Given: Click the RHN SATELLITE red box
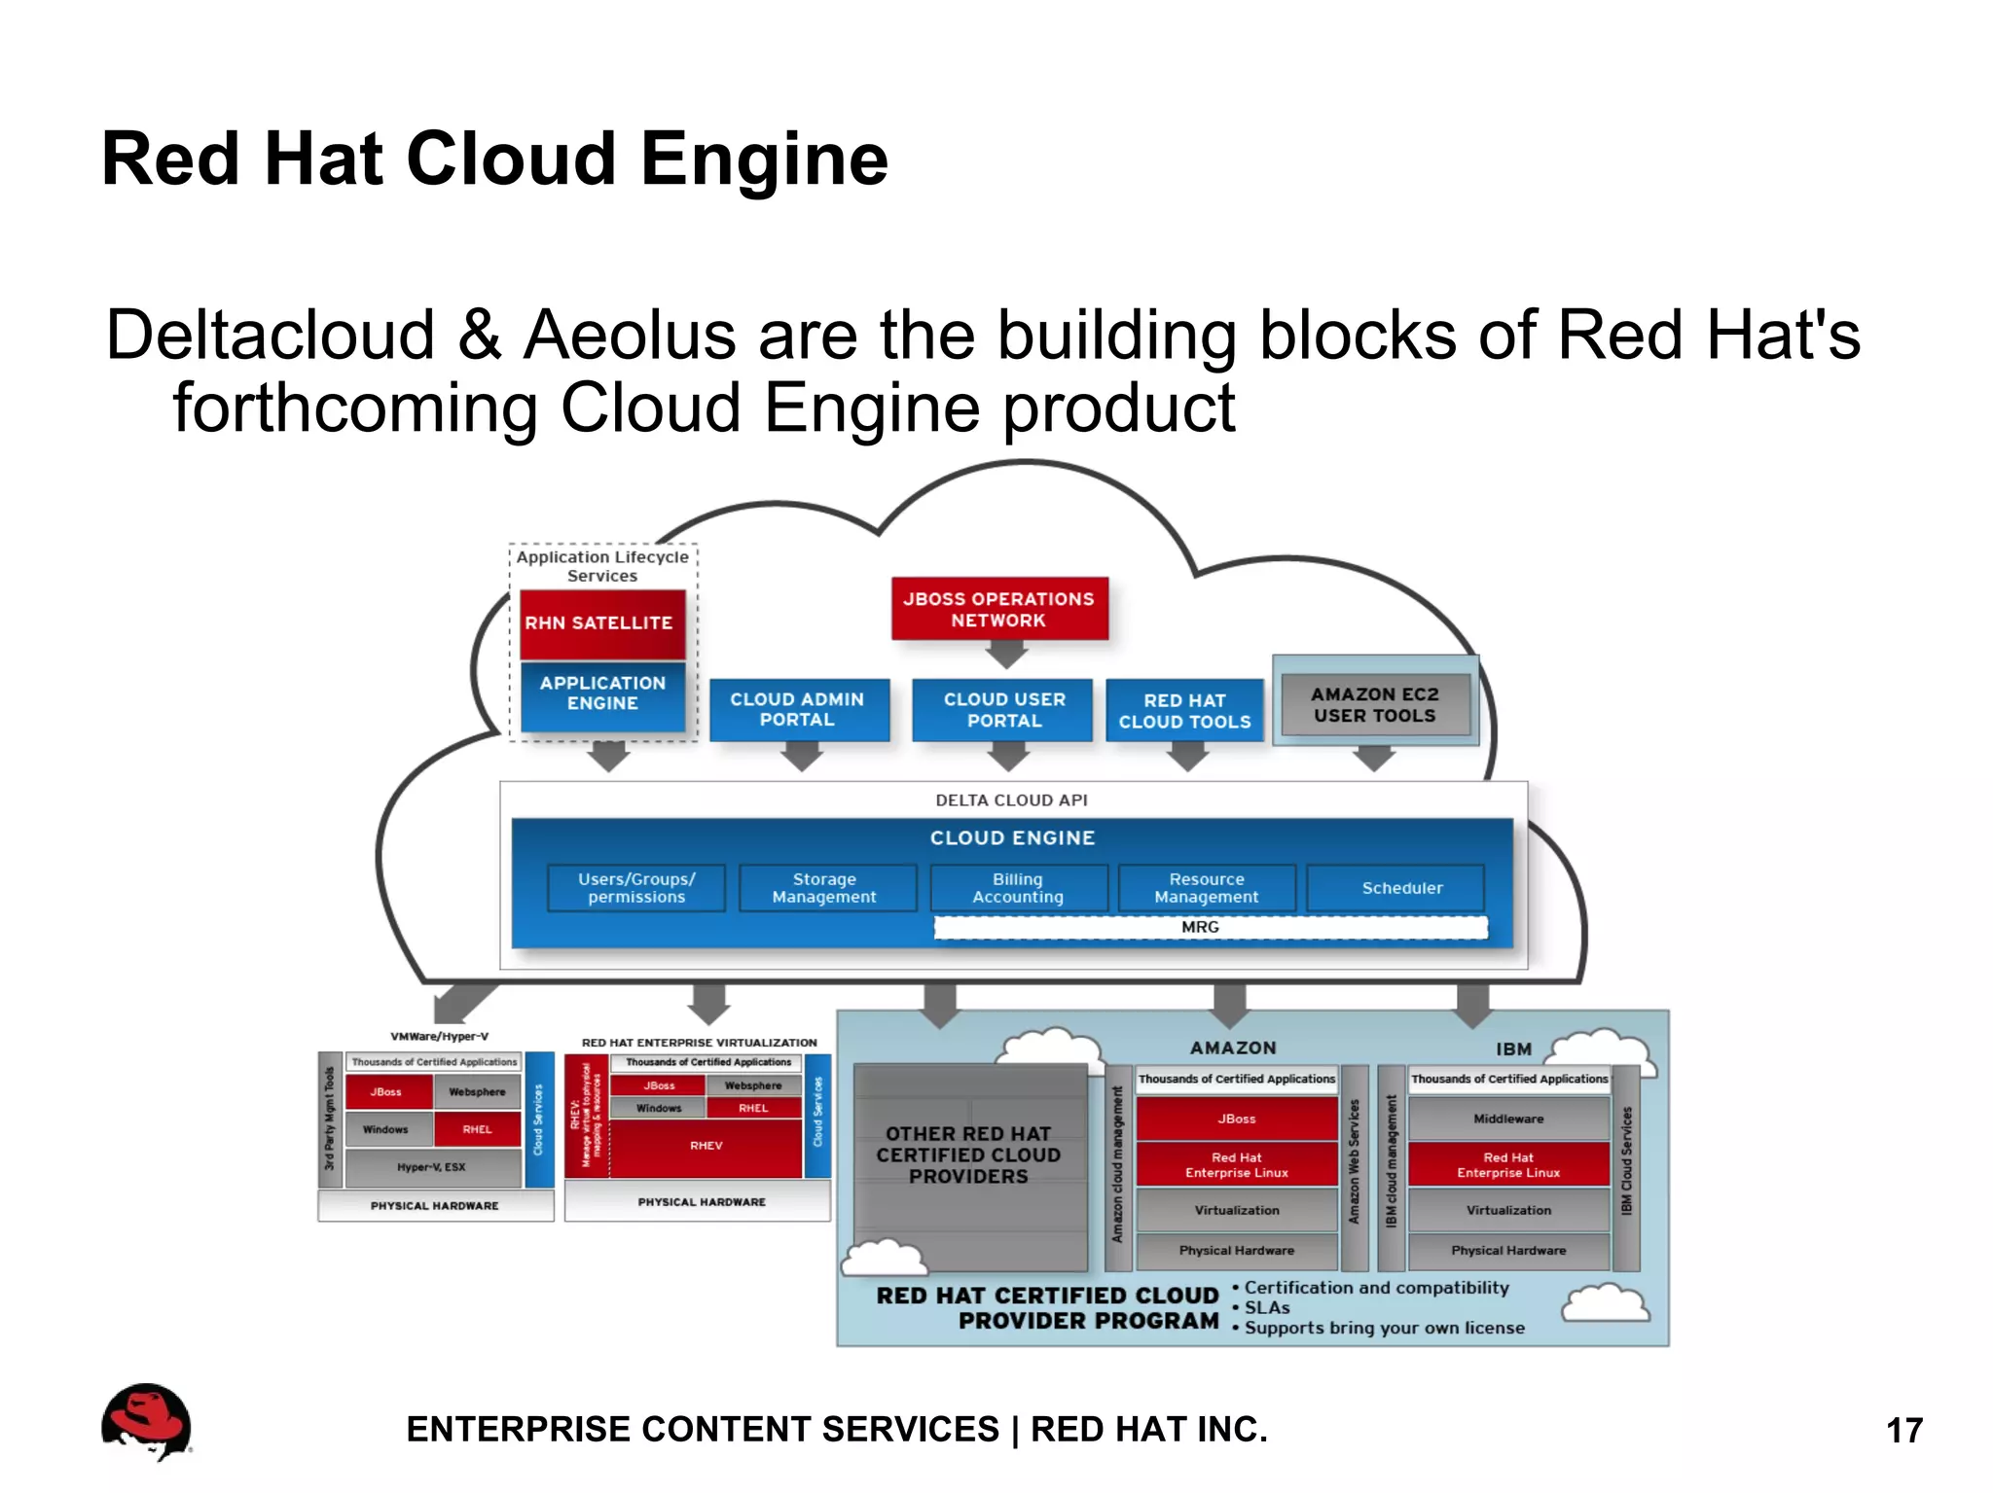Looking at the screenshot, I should [x=601, y=622].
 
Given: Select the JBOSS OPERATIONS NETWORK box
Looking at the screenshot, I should [x=999, y=610].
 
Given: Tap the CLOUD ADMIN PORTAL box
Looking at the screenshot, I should [x=798, y=710].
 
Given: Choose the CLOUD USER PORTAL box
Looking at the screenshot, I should [x=1003, y=710].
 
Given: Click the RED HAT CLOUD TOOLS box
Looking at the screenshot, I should [x=1184, y=711].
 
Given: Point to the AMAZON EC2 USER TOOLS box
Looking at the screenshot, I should [x=1374, y=705].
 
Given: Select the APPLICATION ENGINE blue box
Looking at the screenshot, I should [x=602, y=693].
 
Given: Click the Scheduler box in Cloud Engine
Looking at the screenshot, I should [x=1400, y=888].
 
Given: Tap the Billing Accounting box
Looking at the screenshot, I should [x=1018, y=888].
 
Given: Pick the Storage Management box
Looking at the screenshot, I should [x=825, y=888].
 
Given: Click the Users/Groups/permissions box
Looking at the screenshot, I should [x=636, y=888].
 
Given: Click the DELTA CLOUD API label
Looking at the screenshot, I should [x=1011, y=800].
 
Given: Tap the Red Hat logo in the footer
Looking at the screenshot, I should [x=147, y=1422].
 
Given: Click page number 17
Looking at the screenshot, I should [x=1903, y=1431].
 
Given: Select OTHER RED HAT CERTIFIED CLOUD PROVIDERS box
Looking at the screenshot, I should [x=968, y=1155].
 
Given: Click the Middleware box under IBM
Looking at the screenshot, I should [x=1507, y=1120].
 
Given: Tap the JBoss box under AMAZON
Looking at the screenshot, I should [x=1236, y=1120].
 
